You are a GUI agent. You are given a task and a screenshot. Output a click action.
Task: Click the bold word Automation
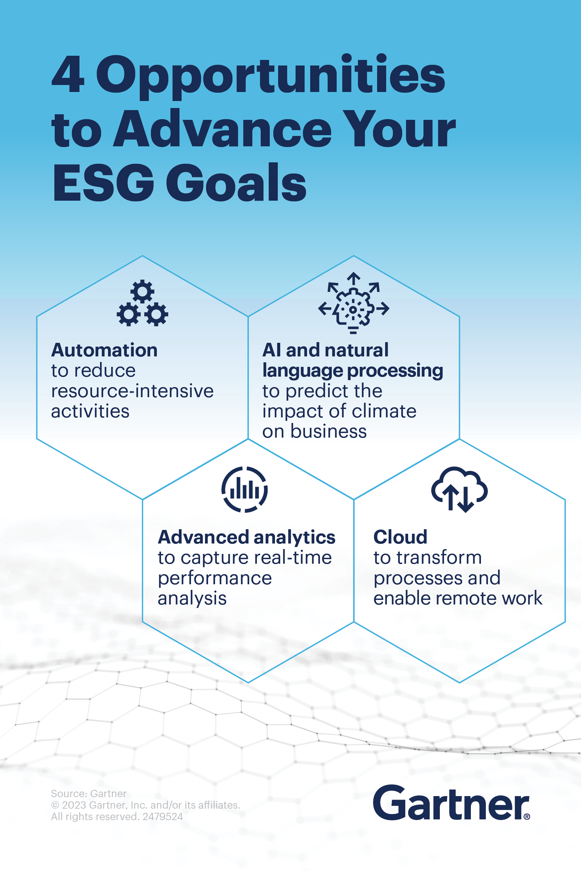tap(105, 350)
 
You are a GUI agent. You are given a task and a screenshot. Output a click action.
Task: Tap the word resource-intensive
tap(132, 391)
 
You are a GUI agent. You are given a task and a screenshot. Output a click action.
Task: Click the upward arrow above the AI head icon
tap(353, 278)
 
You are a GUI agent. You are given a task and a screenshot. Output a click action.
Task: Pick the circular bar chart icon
tap(245, 490)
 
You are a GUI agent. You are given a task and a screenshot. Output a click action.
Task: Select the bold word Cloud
tap(400, 537)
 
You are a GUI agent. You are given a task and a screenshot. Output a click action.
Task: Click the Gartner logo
tap(451, 802)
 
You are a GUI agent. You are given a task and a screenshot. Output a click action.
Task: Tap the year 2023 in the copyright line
tap(74, 805)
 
